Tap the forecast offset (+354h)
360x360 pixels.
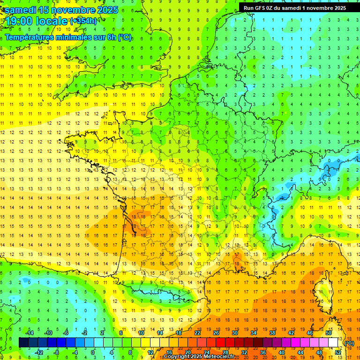(83, 21)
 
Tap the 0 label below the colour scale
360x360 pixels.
(93, 352)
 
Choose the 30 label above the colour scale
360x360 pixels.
(234, 333)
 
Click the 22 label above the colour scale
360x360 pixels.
(197, 333)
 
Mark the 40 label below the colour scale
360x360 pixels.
(281, 352)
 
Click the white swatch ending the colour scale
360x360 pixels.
(333, 343)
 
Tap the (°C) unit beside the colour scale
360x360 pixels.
(349, 343)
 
